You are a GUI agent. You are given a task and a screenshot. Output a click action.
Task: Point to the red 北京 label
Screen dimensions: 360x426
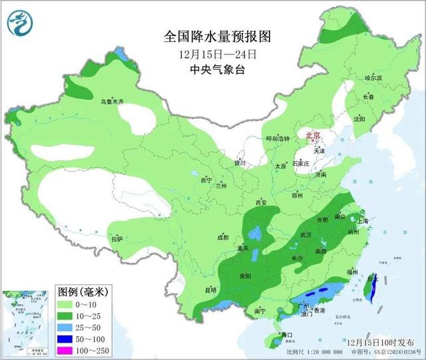[x=312, y=136]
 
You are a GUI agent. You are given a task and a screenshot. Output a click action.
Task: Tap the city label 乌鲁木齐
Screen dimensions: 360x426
[x=112, y=102]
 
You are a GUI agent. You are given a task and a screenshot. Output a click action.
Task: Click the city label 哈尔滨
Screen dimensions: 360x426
[x=374, y=78]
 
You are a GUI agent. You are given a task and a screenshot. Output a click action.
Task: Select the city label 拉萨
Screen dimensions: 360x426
[x=117, y=238]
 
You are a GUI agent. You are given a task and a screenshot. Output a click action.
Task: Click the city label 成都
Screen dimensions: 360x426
[x=222, y=238]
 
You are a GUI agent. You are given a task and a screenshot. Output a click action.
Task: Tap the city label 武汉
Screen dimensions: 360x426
[x=306, y=235]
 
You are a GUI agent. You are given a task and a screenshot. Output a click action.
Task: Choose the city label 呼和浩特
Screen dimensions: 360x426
[x=278, y=138]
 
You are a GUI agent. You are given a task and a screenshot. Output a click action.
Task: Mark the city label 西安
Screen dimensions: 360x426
[x=260, y=202]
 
